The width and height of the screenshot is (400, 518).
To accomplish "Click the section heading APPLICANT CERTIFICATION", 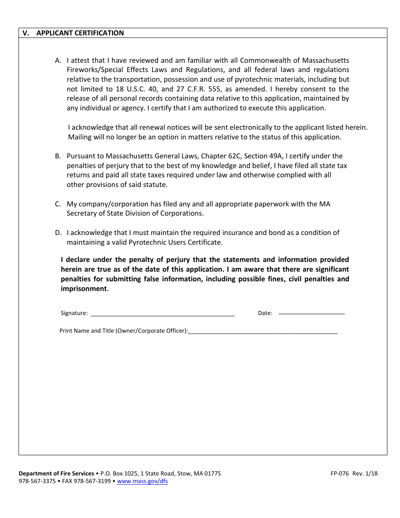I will (x=80, y=33).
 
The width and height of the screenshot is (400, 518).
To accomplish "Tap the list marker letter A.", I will (x=58, y=60).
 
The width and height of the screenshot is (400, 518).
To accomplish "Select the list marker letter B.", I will (x=58, y=156).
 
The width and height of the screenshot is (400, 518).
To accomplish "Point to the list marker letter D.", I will (x=58, y=232).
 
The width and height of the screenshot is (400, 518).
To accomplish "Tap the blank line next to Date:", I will (x=312, y=313).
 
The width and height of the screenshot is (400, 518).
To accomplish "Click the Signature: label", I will (x=74, y=313).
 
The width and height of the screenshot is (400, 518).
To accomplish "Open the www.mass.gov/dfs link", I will (x=142, y=481).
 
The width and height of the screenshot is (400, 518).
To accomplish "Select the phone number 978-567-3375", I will (x=37, y=481).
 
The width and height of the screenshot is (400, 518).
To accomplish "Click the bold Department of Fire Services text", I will (x=56, y=473).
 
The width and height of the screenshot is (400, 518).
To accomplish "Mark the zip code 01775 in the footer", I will (x=213, y=473).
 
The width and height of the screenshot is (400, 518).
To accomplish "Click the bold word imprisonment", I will (x=84, y=288).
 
